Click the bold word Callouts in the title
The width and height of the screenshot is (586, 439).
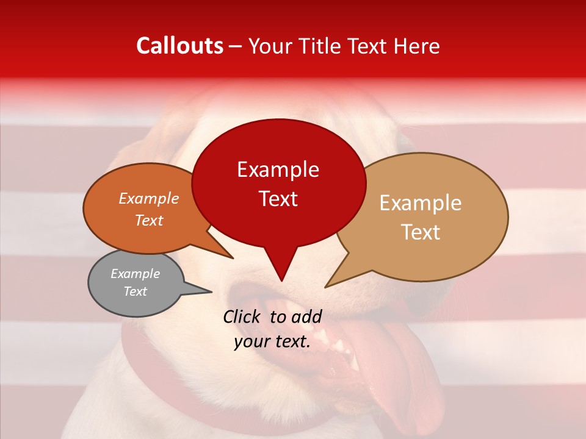(179, 46)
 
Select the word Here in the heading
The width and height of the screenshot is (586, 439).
(415, 46)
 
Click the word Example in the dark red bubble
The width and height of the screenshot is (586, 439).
(278, 170)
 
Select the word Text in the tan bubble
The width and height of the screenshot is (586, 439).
(421, 232)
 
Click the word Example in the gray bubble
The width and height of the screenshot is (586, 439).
(135, 274)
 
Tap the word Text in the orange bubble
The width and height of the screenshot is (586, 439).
(148, 221)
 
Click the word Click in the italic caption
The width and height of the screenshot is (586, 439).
(243, 316)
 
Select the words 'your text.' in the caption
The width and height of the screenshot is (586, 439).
(272, 342)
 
